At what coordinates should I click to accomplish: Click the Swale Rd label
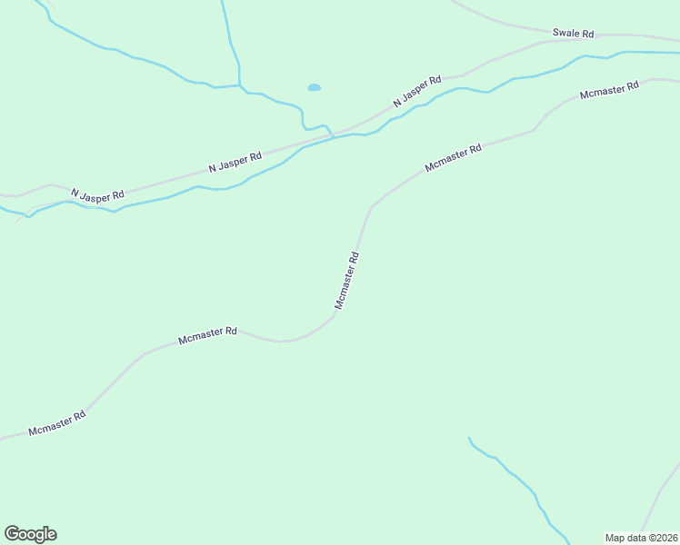coord(573,34)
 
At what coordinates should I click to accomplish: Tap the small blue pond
coord(314,88)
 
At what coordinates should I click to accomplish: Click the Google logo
coord(30,534)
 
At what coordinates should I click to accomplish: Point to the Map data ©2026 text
coord(641,538)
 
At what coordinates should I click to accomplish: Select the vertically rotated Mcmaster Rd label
coord(348,281)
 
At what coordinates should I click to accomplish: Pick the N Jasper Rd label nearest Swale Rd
coord(416,92)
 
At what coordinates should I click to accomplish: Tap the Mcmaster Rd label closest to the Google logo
coord(56,422)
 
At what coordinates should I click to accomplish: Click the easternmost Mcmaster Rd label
coord(609,90)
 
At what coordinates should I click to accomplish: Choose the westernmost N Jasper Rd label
coord(96,195)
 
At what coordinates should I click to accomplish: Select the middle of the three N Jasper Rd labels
coord(235,162)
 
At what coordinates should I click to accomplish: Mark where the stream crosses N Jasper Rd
coord(333,136)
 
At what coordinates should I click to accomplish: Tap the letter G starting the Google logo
coord(12,534)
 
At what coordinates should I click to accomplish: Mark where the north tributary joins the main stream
coord(239,88)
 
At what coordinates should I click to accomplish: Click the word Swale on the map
coord(565,34)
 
